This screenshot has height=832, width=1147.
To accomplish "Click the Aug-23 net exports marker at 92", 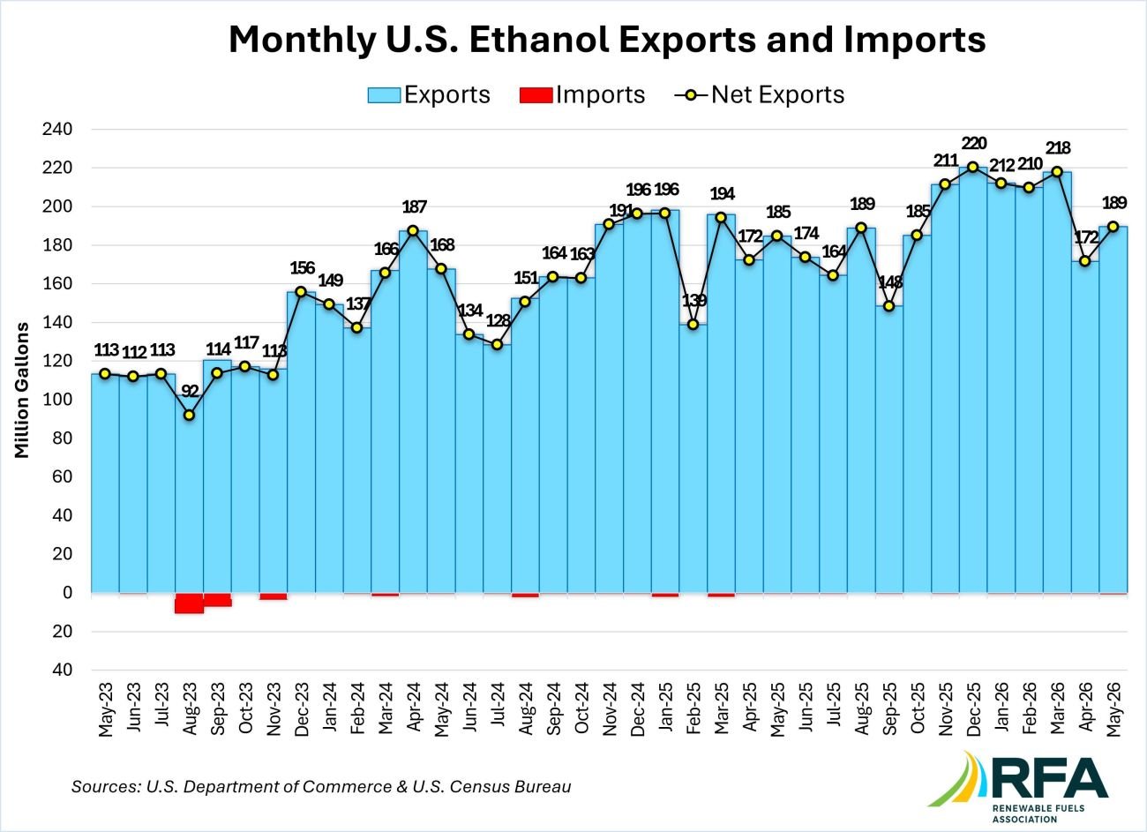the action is (189, 415).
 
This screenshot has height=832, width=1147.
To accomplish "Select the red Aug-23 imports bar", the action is (189, 603).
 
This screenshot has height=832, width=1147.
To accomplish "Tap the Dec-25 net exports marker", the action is (973, 167).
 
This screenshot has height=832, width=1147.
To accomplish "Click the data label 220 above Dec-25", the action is (974, 143).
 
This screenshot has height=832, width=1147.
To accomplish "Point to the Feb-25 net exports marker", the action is (693, 324).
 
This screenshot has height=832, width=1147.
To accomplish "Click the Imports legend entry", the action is (582, 94).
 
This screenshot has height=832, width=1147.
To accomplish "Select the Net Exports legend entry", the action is (760, 94).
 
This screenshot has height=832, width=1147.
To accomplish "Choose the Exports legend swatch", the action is (384, 95).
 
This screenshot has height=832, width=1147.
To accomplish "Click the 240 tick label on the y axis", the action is (56, 129).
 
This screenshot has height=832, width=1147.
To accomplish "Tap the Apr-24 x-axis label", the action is (414, 710).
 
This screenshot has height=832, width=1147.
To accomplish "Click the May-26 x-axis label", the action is (1113, 710).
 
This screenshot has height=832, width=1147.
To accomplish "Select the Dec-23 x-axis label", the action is (302, 710).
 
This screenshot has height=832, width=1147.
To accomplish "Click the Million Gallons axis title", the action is (21, 390).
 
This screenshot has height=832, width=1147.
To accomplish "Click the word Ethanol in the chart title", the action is (539, 40).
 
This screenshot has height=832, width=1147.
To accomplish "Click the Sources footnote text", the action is (321, 786).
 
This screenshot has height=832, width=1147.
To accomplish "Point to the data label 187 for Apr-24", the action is (415, 206).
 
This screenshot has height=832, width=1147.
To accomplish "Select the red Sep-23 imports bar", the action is (217, 600).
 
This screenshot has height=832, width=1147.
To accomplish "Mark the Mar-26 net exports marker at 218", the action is (1057, 171).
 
